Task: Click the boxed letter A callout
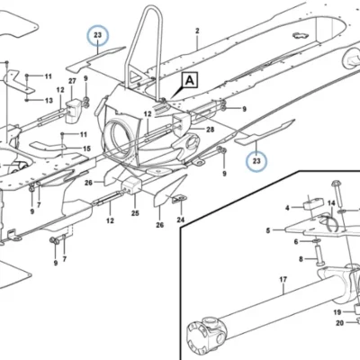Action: point(189,80)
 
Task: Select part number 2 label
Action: point(197,31)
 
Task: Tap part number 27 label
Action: point(72,81)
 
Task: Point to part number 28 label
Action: point(210,130)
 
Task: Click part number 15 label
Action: point(86,148)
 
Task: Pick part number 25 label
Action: point(135,213)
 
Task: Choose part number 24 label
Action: point(180,220)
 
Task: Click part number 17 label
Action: point(283,280)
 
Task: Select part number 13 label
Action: point(49,100)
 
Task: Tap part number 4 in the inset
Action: point(287,208)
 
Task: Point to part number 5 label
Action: point(268,230)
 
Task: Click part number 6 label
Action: point(296,241)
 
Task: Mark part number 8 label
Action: point(301,259)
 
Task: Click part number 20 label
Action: point(339,323)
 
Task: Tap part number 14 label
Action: point(331,203)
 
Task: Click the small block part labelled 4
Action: point(313,202)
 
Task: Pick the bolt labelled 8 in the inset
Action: point(319,255)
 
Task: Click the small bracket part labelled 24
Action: point(179,198)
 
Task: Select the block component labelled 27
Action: point(73,110)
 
